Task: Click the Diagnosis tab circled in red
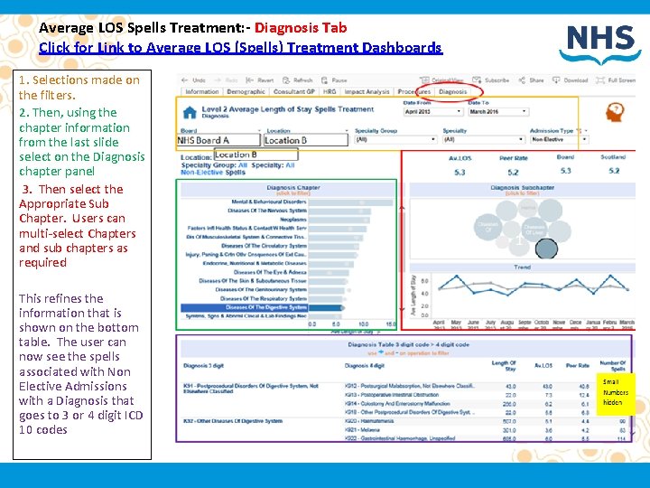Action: click(453, 91)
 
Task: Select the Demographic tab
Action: click(246, 91)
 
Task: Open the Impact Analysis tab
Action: click(367, 91)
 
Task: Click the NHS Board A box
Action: click(217, 140)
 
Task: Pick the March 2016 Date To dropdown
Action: click(493, 111)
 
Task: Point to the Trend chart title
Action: click(522, 267)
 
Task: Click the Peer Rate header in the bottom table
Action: click(577, 365)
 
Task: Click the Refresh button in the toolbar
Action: click(300, 80)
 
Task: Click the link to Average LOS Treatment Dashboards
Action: click(240, 48)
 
